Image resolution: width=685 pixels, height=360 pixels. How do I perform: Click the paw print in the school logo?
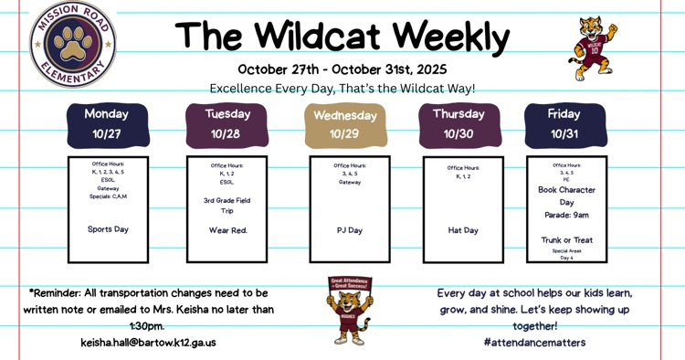click(x=73, y=41)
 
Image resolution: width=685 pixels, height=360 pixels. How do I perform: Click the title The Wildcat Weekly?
click(x=342, y=37)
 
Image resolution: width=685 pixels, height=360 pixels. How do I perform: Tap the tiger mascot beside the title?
click(x=595, y=47)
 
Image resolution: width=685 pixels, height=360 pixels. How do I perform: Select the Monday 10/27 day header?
click(x=107, y=124)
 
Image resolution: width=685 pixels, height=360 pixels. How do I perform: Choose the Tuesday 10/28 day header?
click(x=226, y=124)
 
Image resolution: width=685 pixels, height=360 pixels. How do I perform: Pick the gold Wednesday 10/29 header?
click(x=345, y=125)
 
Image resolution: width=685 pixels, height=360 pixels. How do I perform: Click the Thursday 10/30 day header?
click(x=458, y=124)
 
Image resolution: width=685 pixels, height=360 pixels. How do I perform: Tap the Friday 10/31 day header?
click(x=564, y=124)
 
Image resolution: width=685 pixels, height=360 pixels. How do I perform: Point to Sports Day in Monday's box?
click(x=108, y=229)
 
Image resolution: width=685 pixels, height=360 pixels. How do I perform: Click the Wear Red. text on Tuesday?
click(x=227, y=230)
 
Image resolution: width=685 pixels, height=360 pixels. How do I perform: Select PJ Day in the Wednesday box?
click(x=350, y=230)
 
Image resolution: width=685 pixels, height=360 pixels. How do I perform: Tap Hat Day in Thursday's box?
click(x=463, y=230)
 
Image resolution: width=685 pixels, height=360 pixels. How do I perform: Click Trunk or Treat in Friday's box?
click(x=566, y=240)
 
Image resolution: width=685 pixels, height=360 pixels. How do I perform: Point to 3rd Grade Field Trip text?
click(x=227, y=206)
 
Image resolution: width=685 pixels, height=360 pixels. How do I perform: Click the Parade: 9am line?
click(x=566, y=216)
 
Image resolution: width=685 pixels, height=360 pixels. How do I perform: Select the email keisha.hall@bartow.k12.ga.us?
click(x=148, y=343)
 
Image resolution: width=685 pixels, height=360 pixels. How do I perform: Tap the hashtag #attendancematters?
click(x=535, y=343)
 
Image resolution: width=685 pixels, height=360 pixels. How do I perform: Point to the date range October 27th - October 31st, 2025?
click(x=342, y=69)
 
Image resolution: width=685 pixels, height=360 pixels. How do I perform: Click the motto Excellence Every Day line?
click(x=342, y=89)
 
